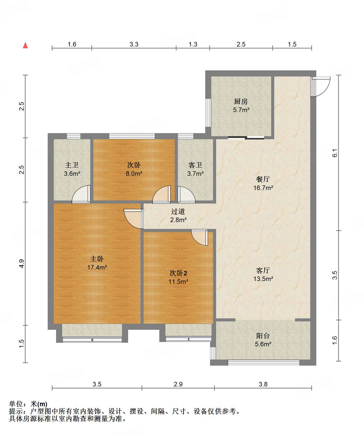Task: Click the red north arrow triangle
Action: tap(25, 45)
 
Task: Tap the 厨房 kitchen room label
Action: tap(241, 102)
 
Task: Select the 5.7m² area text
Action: tap(241, 110)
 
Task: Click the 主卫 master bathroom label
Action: tap(72, 165)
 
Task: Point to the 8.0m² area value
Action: tap(134, 174)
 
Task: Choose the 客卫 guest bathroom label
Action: tap(195, 165)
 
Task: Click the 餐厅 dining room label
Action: tap(263, 179)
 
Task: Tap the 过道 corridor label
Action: tap(178, 211)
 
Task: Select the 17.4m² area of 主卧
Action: tap(97, 268)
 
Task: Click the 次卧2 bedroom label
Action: tap(178, 273)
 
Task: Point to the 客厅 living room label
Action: tap(263, 270)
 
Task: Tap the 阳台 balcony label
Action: tap(263, 336)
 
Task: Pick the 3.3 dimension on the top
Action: tap(134, 44)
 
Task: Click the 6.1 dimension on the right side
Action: tap(335, 153)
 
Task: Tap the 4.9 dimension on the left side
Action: tap(22, 263)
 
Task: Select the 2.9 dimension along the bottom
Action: tap(178, 384)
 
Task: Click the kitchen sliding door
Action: tap(246, 138)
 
